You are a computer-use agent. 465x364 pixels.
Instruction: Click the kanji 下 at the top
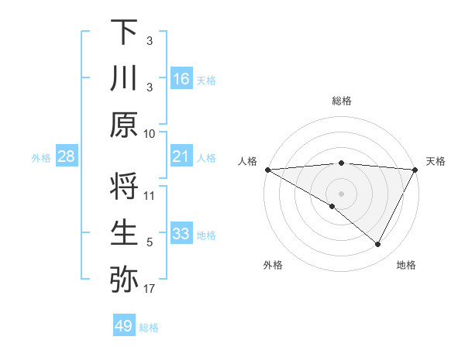point(124,33)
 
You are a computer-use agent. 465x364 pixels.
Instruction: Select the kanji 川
point(124,79)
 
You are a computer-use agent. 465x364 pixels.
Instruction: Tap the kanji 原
point(124,124)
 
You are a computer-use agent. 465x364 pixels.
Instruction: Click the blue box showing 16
point(181,79)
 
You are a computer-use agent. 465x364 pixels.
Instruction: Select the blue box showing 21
point(181,157)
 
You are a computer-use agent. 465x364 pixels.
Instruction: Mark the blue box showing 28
point(66,157)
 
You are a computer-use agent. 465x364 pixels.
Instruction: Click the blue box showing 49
point(124,326)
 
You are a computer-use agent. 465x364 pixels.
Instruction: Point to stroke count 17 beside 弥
point(150,290)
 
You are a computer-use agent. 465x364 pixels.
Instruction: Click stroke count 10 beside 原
point(150,133)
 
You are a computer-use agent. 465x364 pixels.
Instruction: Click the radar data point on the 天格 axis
point(415,170)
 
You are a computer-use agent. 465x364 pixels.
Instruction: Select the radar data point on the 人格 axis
point(267,170)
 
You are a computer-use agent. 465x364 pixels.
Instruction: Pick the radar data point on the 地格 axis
point(378,244)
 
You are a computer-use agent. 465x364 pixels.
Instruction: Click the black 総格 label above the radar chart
point(341,101)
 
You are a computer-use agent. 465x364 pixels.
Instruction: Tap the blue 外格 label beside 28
point(41,158)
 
